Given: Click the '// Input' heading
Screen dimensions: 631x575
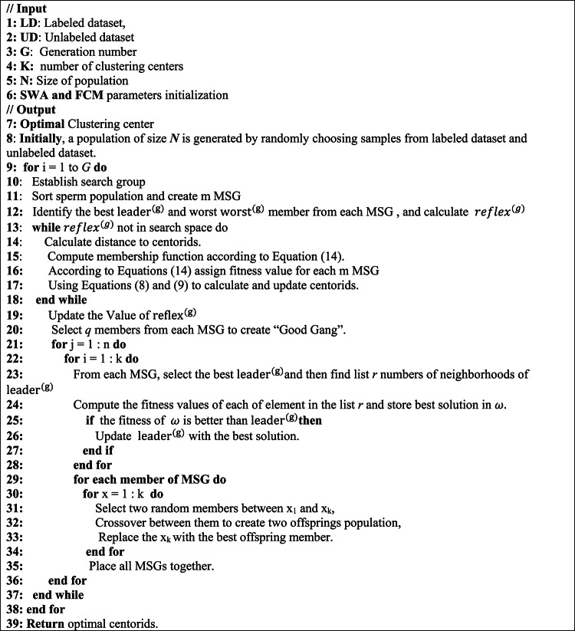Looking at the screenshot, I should (x=26, y=8).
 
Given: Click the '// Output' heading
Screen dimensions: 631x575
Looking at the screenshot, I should (x=30, y=108).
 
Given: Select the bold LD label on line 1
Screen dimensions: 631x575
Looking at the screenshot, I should (x=27, y=22).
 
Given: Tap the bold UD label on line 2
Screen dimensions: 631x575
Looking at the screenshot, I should (x=28, y=37).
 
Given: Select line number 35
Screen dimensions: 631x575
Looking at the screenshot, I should (x=14, y=567).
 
